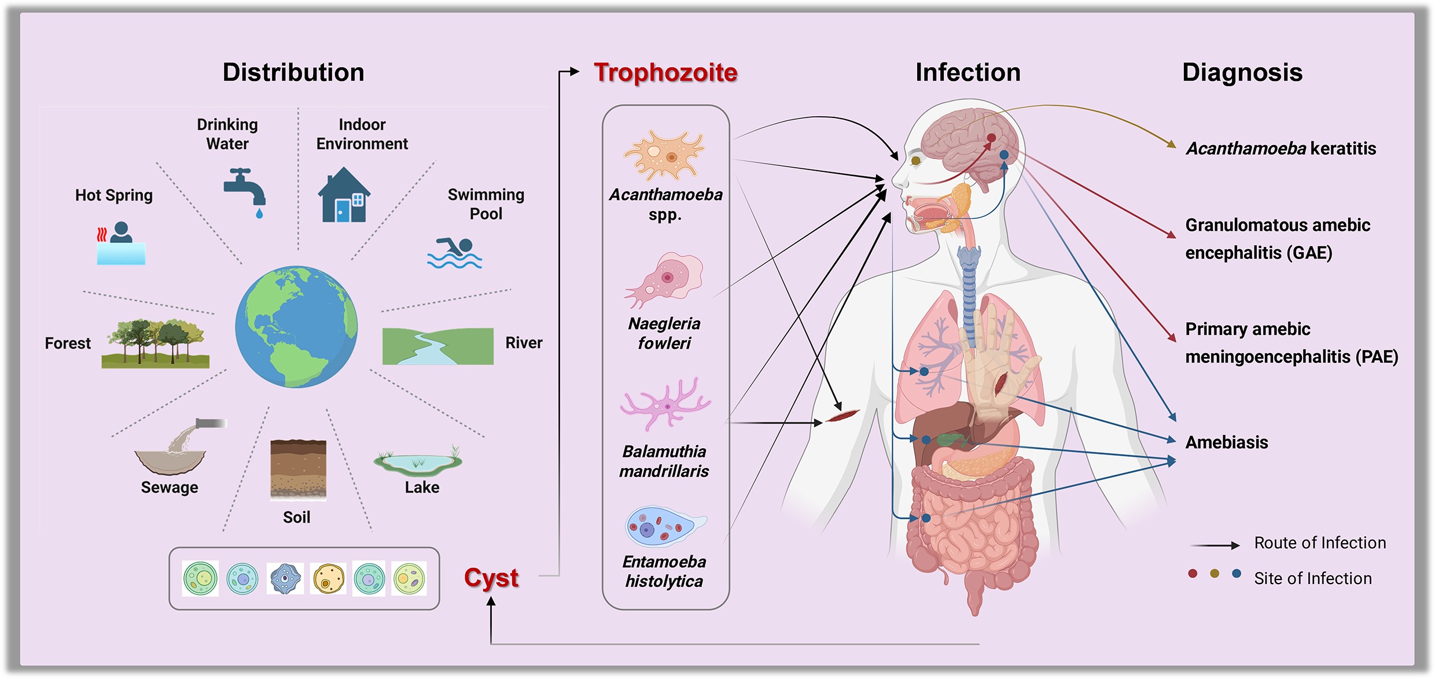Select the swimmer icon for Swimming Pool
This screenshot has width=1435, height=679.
pos(455,253)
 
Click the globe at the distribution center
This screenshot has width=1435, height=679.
pos(296,327)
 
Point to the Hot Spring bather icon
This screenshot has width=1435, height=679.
pos(121,243)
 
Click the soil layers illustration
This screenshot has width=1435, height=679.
pos(298,469)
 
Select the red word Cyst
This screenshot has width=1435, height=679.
pos(491,577)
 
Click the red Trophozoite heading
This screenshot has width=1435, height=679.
pos(665,73)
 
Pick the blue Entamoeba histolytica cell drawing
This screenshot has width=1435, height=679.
pos(664,526)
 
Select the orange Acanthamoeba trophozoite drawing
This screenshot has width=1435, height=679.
pos(664,155)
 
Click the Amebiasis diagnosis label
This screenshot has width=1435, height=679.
pos(1226,442)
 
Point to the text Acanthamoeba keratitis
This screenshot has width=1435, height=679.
pos(1281,149)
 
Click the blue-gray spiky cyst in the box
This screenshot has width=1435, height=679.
pos(285,578)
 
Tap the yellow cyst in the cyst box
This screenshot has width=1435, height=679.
pos(328,578)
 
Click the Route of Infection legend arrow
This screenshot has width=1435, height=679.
pos(1215,545)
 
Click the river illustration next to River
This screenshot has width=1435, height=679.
pos(437,346)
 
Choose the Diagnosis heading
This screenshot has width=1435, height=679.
pos(1242,73)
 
